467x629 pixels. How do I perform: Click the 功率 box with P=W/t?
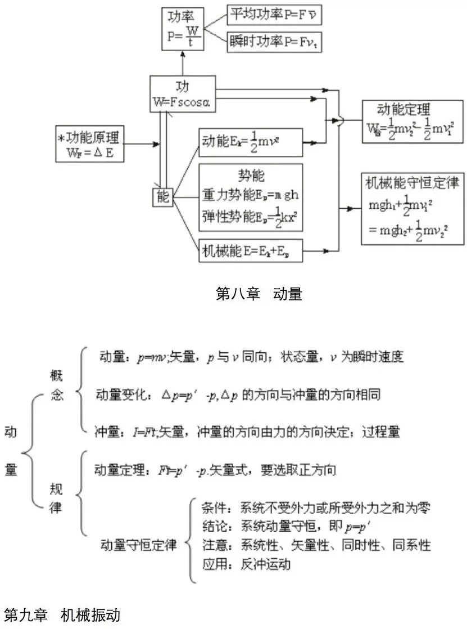point(183,29)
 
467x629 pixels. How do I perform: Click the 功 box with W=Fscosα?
point(183,94)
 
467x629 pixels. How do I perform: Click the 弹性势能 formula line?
point(250,215)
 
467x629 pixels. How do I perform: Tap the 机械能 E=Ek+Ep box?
point(251,251)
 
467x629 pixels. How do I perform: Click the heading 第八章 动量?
point(259,294)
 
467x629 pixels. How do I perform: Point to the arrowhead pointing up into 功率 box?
point(183,54)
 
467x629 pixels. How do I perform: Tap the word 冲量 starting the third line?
point(106,432)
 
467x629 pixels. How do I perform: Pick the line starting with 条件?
point(315,507)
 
